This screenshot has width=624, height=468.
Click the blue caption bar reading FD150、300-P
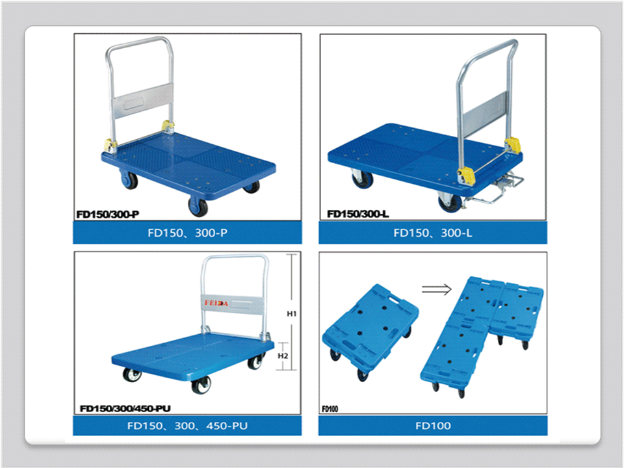(x=187, y=233)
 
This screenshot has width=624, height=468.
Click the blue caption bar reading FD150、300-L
(x=433, y=233)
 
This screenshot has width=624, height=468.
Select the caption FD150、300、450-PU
(x=187, y=426)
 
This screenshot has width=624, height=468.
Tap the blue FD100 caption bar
(x=433, y=426)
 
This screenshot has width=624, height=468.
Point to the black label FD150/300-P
(x=108, y=214)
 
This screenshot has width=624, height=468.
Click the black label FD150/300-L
(x=357, y=214)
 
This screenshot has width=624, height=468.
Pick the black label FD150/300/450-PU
(x=125, y=409)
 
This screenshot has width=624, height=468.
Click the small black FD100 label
(x=330, y=409)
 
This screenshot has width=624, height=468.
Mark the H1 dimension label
(x=292, y=314)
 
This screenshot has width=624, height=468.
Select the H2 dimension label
(x=283, y=356)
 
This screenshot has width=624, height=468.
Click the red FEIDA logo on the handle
(x=216, y=303)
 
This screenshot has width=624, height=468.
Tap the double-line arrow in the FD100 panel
(x=437, y=289)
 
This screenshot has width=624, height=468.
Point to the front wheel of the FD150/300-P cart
(x=198, y=207)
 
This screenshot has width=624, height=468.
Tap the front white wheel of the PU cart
(x=201, y=385)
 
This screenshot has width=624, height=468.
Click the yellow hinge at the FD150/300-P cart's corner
(x=109, y=145)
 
